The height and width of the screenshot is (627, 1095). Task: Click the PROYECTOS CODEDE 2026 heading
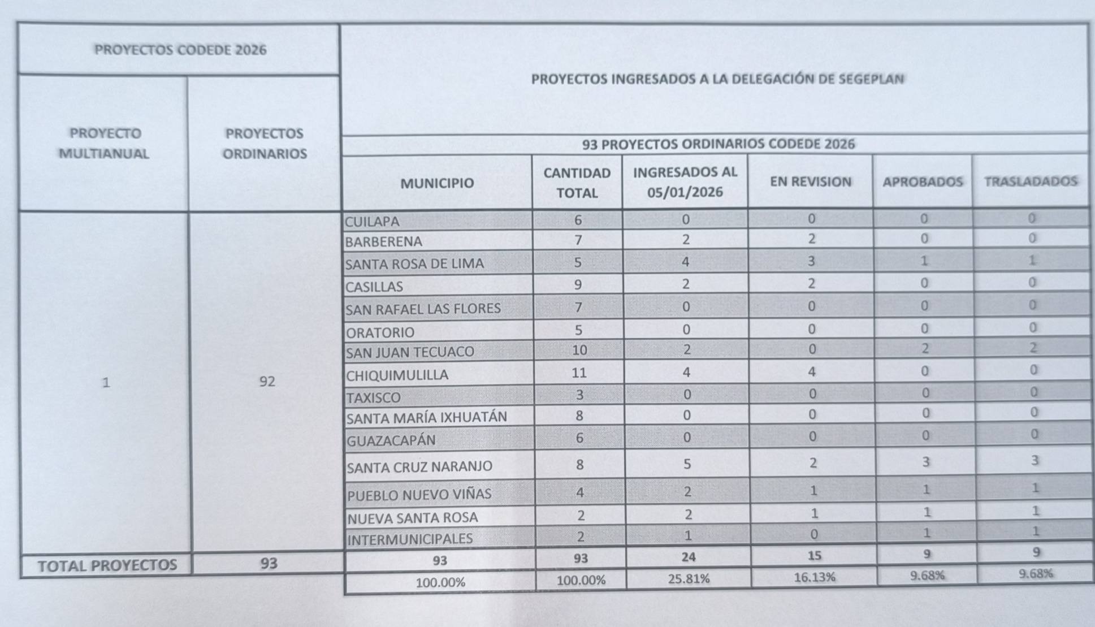[x=180, y=50]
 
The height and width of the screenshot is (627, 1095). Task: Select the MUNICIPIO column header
[x=437, y=183]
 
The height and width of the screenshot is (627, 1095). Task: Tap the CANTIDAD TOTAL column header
[x=577, y=183]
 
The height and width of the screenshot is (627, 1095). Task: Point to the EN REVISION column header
[x=810, y=181]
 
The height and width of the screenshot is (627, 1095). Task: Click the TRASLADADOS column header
[x=1030, y=181]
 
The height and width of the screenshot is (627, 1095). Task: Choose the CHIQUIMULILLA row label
[x=397, y=375]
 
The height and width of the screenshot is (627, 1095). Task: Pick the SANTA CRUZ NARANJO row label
[x=419, y=466]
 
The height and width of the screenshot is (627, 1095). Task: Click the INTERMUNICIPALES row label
[x=410, y=539]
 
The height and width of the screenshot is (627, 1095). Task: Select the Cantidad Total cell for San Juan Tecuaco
[x=579, y=350]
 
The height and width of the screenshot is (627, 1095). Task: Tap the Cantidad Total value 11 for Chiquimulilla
[x=579, y=373]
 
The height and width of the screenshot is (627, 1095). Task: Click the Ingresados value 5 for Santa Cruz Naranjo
[x=687, y=464]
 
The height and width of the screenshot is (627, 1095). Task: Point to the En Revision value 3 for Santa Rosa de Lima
[x=811, y=261]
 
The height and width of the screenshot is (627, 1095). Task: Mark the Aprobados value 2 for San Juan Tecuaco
[x=925, y=349]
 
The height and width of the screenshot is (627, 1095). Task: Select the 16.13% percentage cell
[x=814, y=577]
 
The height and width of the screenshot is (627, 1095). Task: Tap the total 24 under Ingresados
[x=688, y=557]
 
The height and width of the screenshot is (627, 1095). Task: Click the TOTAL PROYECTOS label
[x=107, y=565]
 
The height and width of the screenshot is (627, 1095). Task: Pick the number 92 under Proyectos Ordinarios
[x=267, y=381]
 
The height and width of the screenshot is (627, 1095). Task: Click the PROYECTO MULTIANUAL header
[x=104, y=144]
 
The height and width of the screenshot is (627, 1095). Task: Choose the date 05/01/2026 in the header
[x=685, y=192]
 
